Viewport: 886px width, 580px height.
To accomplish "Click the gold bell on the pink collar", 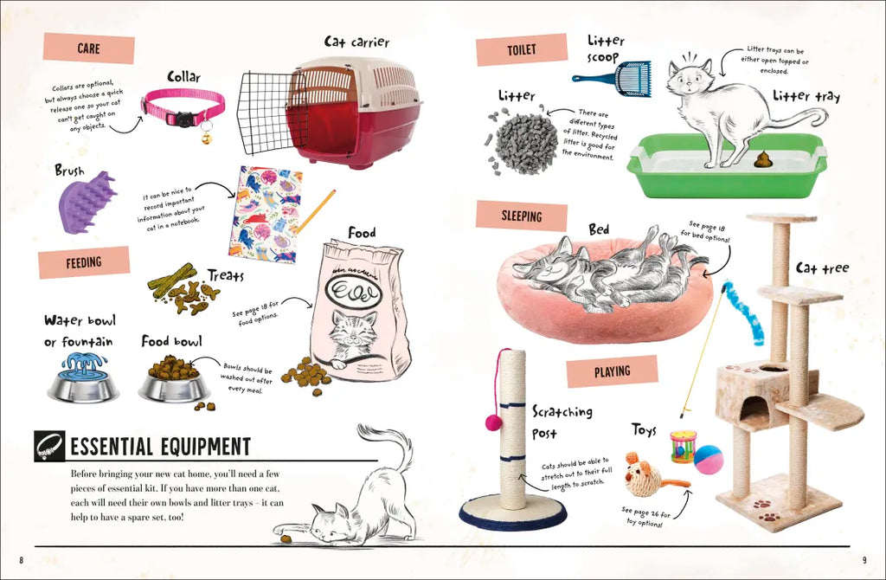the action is (207, 137).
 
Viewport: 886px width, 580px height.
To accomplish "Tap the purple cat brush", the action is (88, 203).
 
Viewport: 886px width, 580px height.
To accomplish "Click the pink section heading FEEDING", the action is (84, 262).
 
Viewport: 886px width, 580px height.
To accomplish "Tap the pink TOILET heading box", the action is (522, 49).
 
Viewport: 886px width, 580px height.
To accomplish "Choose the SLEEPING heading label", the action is (522, 216).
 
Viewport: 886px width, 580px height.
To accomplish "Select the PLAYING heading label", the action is (612, 371).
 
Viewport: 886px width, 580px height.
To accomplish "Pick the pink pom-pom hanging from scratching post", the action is (494, 422).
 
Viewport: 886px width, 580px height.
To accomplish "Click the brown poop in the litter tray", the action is (763, 159).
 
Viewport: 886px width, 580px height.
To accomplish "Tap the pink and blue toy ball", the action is (709, 460).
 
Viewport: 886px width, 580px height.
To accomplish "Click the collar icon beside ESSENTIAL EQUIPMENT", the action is (49, 447).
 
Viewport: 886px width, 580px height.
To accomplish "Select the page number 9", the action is (864, 560).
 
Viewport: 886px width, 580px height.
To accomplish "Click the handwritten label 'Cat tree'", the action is (822, 267).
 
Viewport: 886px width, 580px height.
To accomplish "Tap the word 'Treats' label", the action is (226, 275).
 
